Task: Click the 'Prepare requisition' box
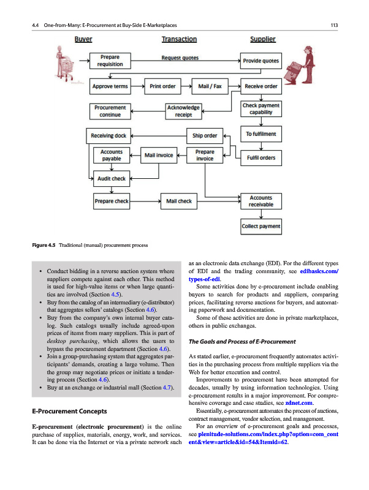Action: point(110,61)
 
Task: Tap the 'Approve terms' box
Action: point(110,86)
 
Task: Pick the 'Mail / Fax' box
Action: point(210,86)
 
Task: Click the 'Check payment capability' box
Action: point(261,109)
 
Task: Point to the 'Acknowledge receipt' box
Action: point(184,111)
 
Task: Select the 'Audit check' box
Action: point(111,179)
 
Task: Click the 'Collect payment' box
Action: point(261,227)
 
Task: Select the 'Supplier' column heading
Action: point(263,40)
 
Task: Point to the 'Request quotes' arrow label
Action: point(180,58)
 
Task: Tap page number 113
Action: point(334,25)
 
